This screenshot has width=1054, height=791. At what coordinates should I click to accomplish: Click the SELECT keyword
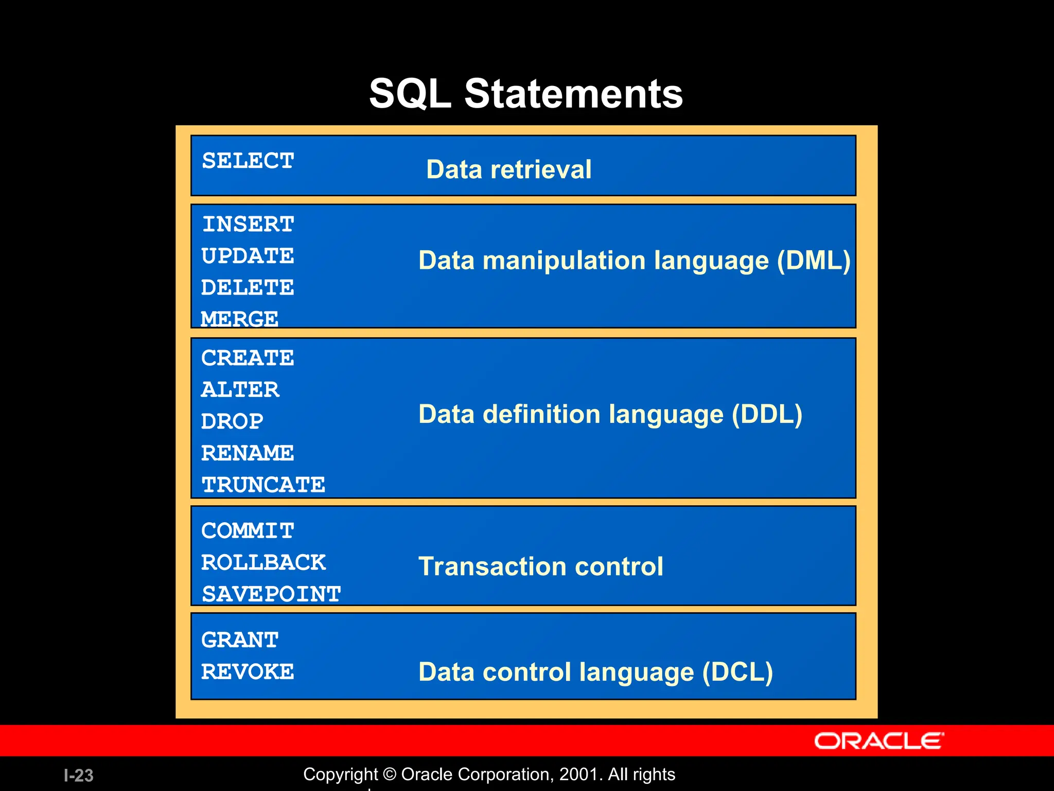[x=248, y=161]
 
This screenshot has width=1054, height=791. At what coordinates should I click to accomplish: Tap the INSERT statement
[x=248, y=224]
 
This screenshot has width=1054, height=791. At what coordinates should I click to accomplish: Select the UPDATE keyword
[x=248, y=256]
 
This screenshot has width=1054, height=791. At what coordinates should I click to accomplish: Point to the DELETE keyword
[x=248, y=287]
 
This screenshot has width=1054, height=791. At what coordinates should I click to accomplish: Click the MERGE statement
[x=239, y=319]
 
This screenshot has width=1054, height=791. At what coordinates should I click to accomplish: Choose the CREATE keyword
[x=248, y=358]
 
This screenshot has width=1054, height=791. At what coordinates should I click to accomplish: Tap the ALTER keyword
[x=240, y=390]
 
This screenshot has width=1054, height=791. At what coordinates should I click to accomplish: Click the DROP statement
[x=232, y=422]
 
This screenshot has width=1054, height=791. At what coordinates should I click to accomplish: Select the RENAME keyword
[x=248, y=453]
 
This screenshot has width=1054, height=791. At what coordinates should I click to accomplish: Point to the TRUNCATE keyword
[x=263, y=485]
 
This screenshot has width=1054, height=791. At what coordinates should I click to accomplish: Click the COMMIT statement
[x=248, y=531]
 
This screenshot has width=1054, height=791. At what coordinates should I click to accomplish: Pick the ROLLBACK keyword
[x=263, y=562]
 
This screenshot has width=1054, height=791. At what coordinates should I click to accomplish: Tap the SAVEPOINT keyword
[x=271, y=594]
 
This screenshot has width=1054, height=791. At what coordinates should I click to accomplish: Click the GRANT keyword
[x=240, y=640]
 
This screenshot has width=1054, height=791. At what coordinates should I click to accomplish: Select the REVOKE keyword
[x=248, y=672]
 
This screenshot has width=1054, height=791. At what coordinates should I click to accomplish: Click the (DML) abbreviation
[x=814, y=261]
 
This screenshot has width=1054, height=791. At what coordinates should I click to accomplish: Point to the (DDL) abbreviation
[x=767, y=415]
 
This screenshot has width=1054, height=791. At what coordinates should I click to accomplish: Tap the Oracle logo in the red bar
[x=879, y=741]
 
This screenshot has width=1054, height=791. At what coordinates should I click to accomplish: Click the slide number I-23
[x=78, y=776]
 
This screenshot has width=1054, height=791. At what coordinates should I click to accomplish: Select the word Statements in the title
[x=573, y=94]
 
